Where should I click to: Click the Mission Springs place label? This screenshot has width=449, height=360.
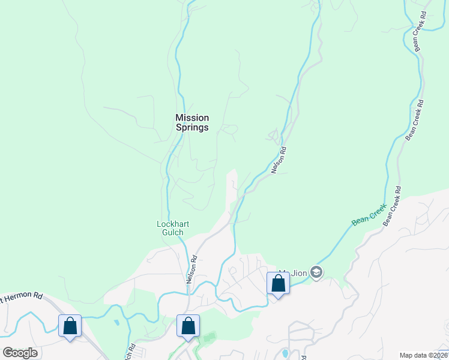[192, 122]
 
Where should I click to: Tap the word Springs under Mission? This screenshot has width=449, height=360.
[192, 127]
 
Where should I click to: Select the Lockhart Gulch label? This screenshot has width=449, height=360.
[173, 228]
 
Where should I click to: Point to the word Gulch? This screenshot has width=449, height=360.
[173, 232]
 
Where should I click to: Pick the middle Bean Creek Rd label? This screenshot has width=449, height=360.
[414, 120]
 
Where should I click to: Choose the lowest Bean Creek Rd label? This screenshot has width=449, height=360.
[392, 206]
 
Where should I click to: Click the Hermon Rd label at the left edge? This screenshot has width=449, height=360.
[22, 296]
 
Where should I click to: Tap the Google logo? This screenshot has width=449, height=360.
[20, 353]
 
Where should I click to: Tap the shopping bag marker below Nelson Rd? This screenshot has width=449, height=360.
[188, 326]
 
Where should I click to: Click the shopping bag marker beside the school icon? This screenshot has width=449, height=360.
[278, 283]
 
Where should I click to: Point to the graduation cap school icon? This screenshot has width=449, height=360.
[316, 272]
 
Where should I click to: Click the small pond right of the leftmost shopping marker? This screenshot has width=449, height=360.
[116, 322]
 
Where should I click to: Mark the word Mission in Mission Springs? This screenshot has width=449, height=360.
[192, 118]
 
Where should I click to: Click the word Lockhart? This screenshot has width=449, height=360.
[173, 224]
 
